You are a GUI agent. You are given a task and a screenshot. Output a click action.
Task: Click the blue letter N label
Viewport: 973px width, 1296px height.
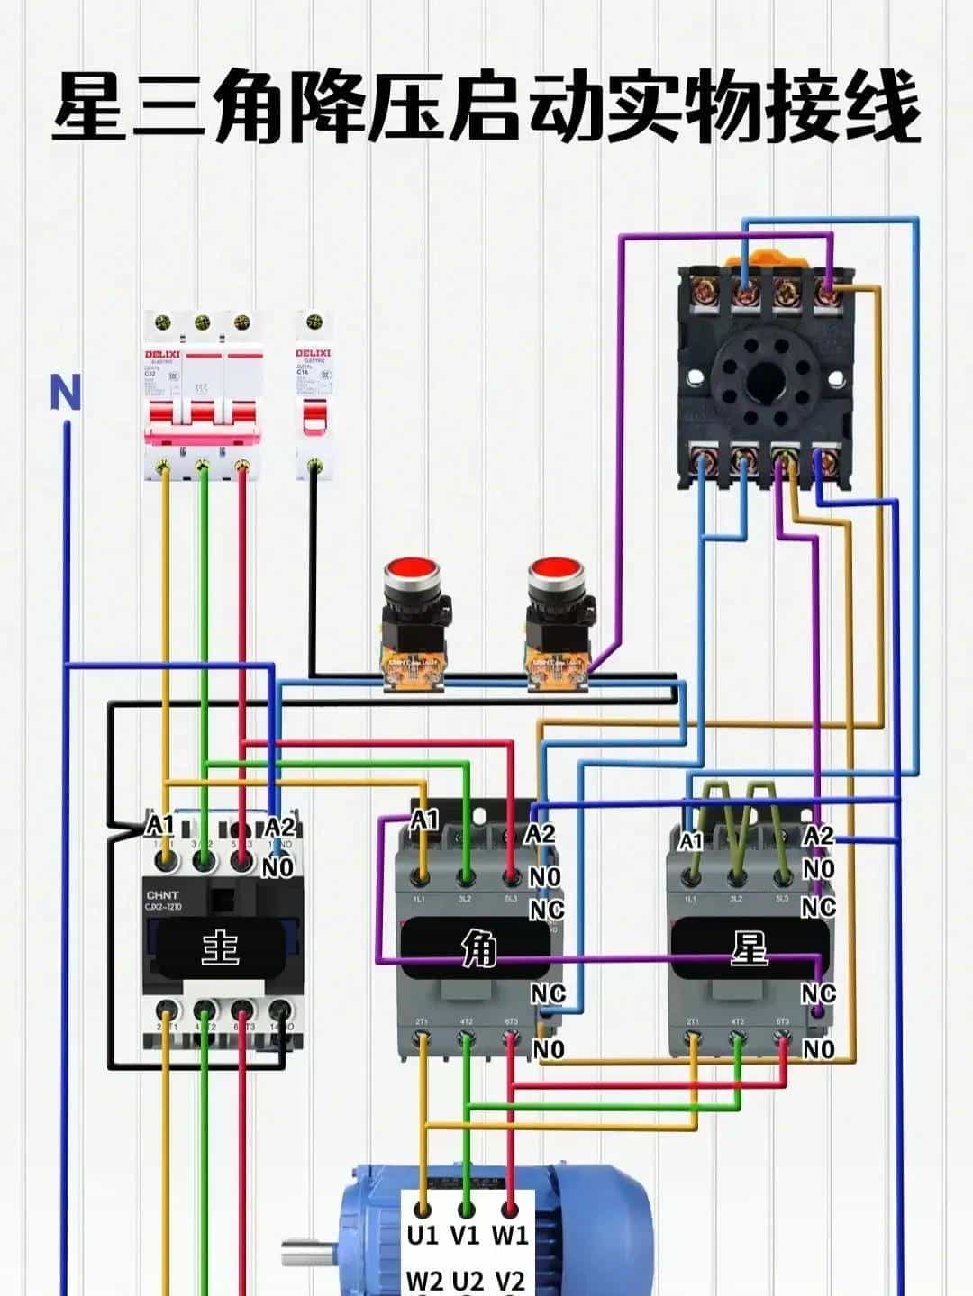[65, 394]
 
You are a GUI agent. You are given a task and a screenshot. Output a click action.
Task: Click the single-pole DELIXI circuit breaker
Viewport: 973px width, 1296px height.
[313, 396]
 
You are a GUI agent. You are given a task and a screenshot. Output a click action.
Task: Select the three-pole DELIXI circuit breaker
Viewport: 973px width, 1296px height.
[202, 396]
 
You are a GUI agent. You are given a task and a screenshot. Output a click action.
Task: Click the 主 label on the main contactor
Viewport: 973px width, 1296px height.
[219, 948]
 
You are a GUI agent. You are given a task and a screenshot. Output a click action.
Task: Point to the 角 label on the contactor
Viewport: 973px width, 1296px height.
[478, 948]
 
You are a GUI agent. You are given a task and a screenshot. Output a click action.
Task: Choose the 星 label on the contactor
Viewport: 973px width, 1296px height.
[749, 948]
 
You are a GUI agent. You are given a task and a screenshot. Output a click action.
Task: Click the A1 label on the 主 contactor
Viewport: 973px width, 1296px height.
[160, 825]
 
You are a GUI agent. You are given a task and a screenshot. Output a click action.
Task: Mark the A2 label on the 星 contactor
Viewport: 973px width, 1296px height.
[818, 836]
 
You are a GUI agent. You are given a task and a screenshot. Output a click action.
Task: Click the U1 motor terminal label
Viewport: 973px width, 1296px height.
[422, 1235]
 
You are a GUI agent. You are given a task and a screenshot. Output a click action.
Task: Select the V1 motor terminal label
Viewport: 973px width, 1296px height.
[465, 1235]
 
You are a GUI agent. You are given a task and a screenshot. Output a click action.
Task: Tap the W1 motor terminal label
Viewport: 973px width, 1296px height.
[510, 1235]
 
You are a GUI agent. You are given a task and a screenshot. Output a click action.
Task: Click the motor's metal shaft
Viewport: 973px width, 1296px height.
[309, 1253]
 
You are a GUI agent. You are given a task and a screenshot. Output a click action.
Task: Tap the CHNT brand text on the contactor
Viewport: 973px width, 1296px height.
[162, 895]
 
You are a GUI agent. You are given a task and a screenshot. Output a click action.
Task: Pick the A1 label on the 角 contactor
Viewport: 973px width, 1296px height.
[424, 820]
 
